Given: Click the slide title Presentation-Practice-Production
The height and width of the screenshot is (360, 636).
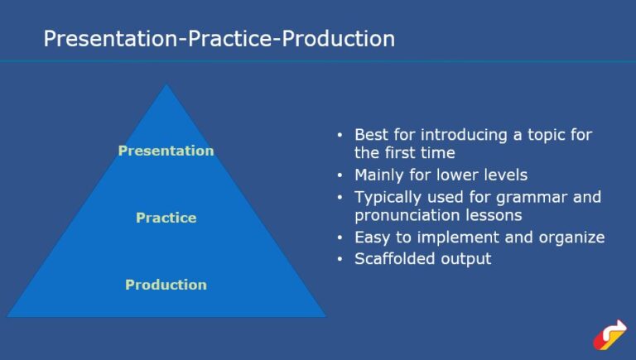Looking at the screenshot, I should coord(219,39).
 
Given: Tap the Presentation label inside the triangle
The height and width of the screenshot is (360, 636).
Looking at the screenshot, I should coord(166,151).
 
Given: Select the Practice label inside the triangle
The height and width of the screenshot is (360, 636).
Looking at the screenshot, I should coord(166,218).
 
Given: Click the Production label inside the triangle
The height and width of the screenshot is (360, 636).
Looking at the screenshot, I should coord(166,285).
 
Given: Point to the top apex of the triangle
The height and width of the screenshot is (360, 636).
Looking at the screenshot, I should coord(166,85).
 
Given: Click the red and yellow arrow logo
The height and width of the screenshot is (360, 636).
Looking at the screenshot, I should coord(609,334).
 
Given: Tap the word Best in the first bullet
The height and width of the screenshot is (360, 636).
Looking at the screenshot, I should coord(371,134).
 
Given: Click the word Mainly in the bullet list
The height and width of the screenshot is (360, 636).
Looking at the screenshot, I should coord(380,175).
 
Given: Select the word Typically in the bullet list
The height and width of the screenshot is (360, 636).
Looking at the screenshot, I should coord(388,197).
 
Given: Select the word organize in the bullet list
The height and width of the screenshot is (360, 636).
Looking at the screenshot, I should coord(575,238).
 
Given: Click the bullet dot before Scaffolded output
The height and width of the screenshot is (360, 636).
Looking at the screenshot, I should coord(340,259).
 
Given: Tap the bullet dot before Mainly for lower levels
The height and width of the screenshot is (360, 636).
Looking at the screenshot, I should coord(340,176).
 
